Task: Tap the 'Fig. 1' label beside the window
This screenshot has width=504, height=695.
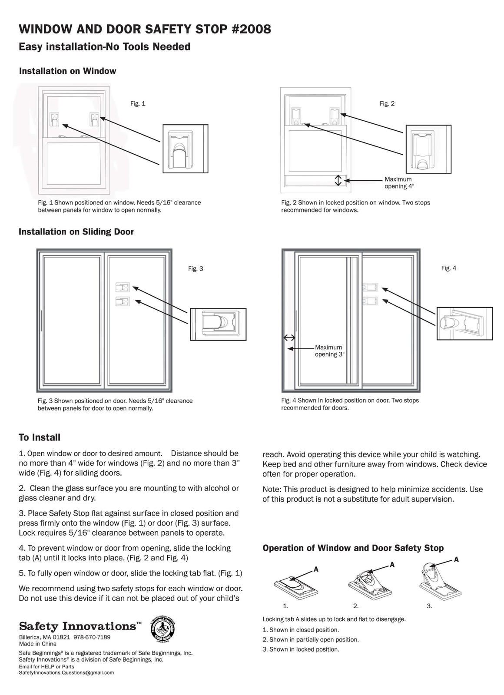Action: click(138, 103)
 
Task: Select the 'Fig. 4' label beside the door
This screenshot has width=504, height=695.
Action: click(448, 268)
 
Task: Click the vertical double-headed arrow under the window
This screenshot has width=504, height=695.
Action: click(338, 180)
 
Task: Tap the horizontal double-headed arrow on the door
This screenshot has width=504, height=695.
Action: click(289, 338)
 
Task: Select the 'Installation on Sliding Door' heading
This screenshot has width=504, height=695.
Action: click(76, 232)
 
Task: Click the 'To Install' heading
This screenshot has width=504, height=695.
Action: click(40, 437)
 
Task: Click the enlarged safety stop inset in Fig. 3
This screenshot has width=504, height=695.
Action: click(218, 324)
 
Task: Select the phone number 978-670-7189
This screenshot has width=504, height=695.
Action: click(92, 637)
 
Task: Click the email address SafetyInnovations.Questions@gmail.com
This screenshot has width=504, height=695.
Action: click(66, 672)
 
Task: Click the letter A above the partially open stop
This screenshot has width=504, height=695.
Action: click(392, 565)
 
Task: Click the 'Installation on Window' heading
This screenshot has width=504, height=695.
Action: click(67, 71)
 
